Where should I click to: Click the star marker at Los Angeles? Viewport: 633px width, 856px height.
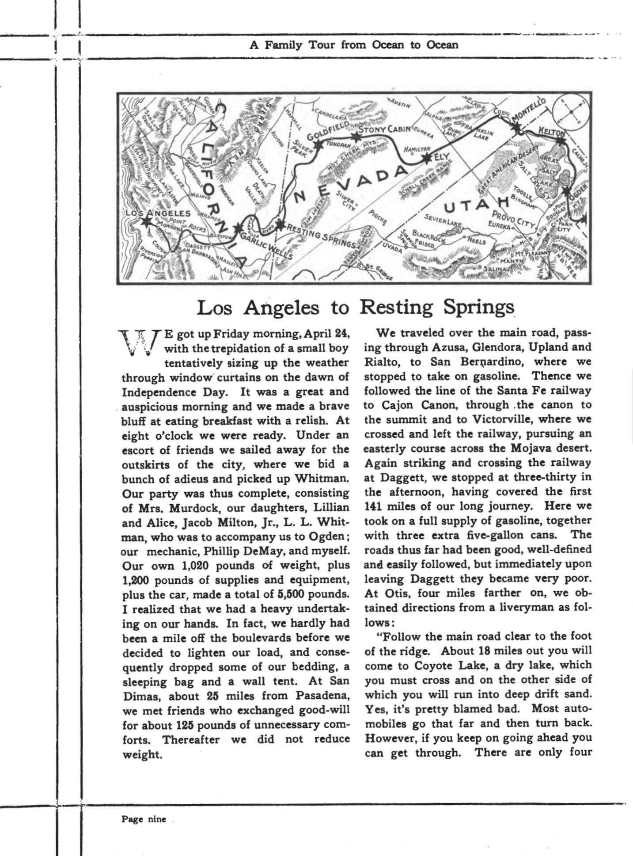point(145,222)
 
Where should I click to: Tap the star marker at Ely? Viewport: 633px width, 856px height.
point(427,160)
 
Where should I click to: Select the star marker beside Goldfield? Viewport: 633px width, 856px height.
point(318,145)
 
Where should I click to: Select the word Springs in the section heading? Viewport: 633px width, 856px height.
point(479,308)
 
